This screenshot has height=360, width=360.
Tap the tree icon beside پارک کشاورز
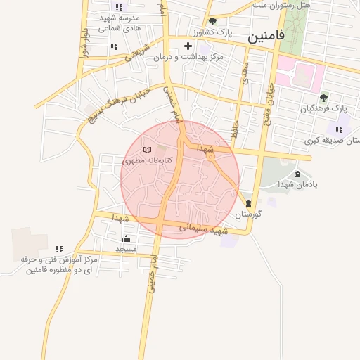point(212,21)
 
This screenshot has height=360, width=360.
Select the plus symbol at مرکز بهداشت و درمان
point(188,46)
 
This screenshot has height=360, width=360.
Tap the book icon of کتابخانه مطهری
point(147,149)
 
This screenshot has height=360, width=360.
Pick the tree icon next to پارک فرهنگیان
point(323,98)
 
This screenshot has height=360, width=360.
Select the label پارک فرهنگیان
point(324,109)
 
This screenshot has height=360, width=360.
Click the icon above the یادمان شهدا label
point(297,174)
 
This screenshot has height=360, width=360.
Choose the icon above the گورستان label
point(247,203)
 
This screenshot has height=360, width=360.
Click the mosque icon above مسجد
point(126,239)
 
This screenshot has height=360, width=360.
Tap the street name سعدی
point(245,75)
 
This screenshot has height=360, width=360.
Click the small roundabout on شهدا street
point(210,155)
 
